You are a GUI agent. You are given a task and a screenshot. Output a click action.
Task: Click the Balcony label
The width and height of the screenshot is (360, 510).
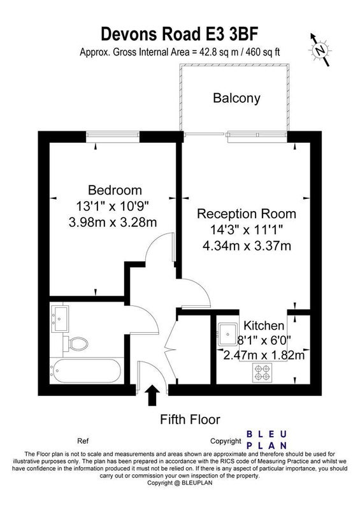[x=236, y=98]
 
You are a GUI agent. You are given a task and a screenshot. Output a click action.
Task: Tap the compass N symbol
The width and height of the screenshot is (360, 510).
[x=320, y=50]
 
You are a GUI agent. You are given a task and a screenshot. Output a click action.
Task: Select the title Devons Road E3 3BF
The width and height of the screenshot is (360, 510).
[x=180, y=34]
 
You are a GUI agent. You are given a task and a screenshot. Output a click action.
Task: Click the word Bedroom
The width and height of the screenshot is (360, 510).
[x=115, y=189]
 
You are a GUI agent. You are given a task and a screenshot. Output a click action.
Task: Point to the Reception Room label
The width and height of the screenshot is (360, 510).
[x=247, y=214]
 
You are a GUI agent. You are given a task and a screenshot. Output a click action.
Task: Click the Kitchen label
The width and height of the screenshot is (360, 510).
[x=264, y=325]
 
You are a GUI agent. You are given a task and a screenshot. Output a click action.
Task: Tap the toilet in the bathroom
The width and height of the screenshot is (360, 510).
[x=75, y=344]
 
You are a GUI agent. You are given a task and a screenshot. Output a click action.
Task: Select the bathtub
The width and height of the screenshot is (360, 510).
[x=87, y=370]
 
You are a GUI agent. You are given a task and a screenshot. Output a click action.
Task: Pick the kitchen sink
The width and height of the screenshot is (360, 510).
[x=227, y=334]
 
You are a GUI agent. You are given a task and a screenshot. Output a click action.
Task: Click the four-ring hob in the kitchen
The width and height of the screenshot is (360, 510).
[x=262, y=372]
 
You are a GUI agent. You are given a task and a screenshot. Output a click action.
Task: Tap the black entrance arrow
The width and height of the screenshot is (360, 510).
[x=152, y=395]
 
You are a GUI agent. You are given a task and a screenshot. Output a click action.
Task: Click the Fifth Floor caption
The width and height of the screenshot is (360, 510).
[x=190, y=419]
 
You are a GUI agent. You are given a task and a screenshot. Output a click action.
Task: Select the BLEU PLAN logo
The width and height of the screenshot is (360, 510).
[x=266, y=440]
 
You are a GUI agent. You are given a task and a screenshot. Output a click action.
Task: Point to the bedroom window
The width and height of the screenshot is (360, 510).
[x=113, y=136]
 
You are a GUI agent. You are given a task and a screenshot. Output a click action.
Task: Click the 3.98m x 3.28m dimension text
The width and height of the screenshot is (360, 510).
[x=113, y=222]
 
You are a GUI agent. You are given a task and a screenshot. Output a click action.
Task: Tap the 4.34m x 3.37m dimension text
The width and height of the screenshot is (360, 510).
[x=247, y=245]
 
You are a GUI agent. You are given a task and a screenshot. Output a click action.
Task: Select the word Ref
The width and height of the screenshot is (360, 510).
[x=83, y=441]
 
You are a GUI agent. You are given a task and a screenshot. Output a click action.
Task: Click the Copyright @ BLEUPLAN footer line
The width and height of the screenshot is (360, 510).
[x=180, y=483]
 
